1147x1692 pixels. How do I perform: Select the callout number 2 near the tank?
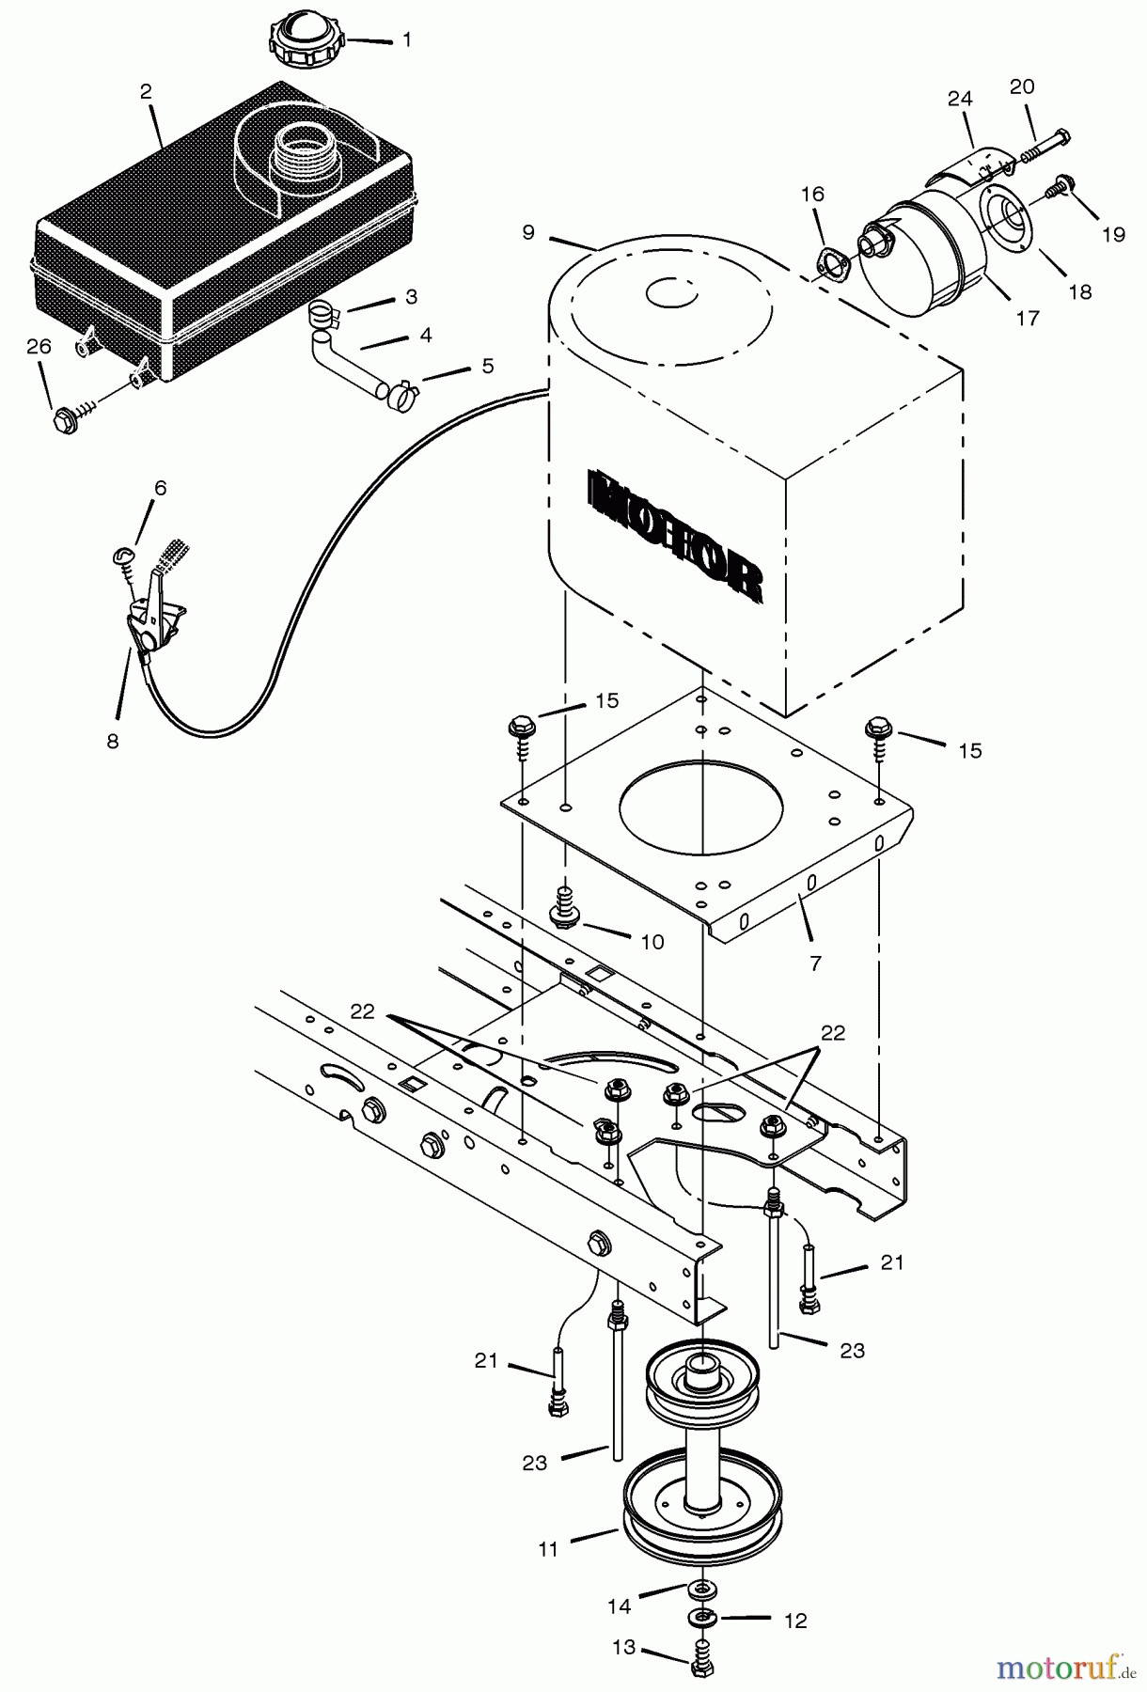pyautogui.click(x=146, y=92)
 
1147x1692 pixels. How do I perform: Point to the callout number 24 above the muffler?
pyautogui.click(x=960, y=99)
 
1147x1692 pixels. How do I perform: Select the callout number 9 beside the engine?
pyautogui.click(x=528, y=231)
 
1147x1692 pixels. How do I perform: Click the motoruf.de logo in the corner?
pyautogui.click(x=1067, y=1668)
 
